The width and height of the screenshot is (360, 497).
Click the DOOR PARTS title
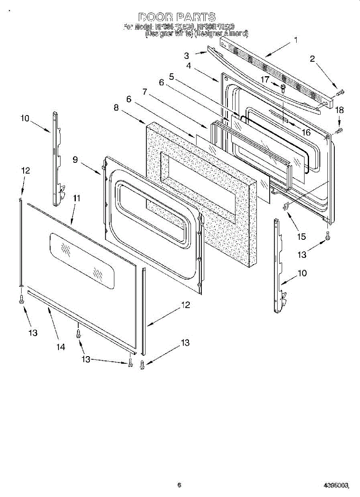(177, 17)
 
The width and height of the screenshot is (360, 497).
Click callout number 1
(296, 40)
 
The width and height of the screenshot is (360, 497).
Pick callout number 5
(171, 77)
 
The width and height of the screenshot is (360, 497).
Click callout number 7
(145, 92)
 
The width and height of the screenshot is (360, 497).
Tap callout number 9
(75, 159)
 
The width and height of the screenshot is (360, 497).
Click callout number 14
(61, 347)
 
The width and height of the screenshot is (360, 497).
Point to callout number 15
(301, 236)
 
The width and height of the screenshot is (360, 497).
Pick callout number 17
(265, 79)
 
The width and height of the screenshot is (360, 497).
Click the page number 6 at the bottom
(179, 485)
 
